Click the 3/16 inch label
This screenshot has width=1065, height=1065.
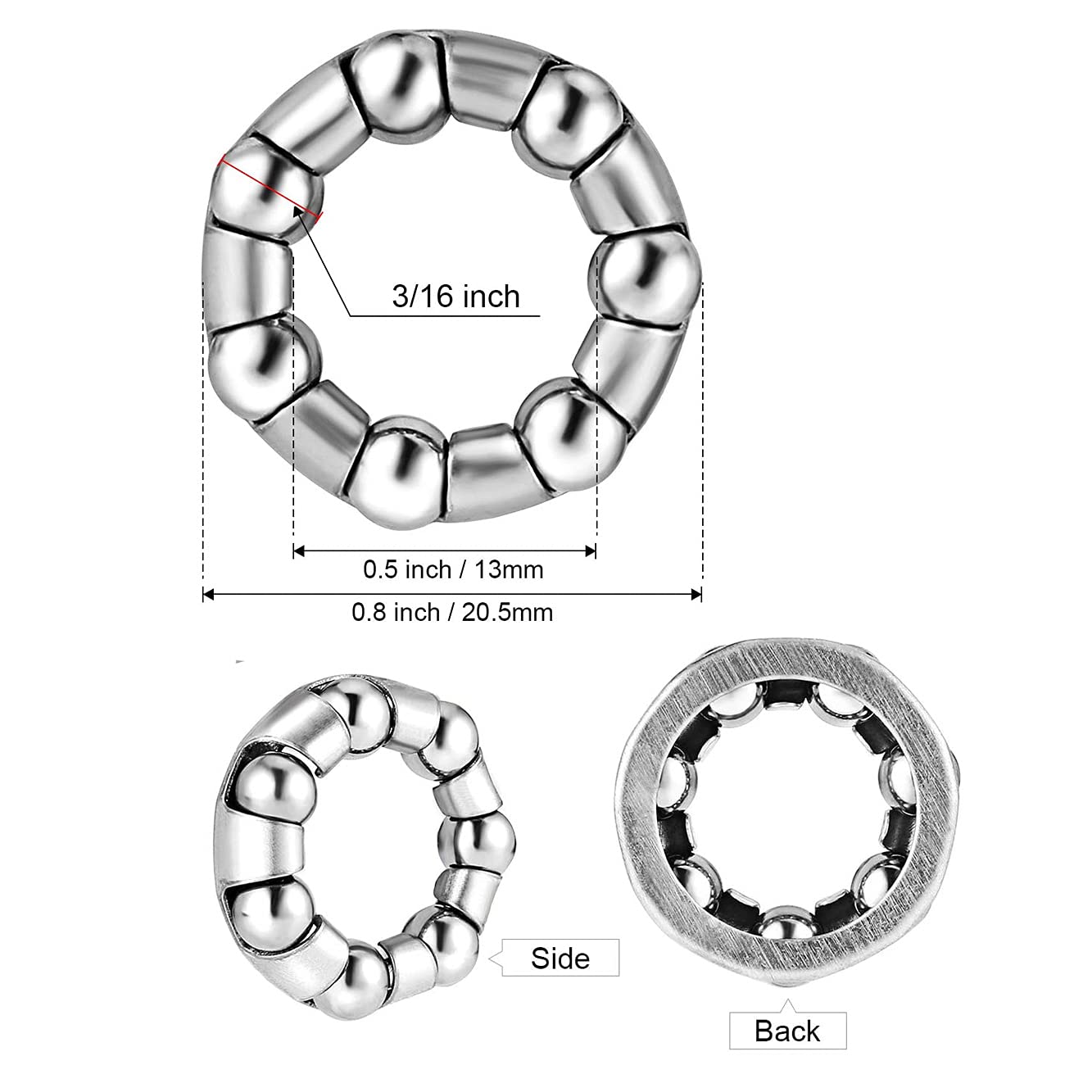tap(455, 296)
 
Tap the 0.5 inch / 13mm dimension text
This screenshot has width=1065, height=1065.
tap(453, 569)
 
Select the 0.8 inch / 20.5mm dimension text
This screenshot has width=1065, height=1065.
tap(452, 611)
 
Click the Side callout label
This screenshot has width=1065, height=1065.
tap(560, 958)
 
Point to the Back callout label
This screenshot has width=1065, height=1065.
tap(787, 1031)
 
